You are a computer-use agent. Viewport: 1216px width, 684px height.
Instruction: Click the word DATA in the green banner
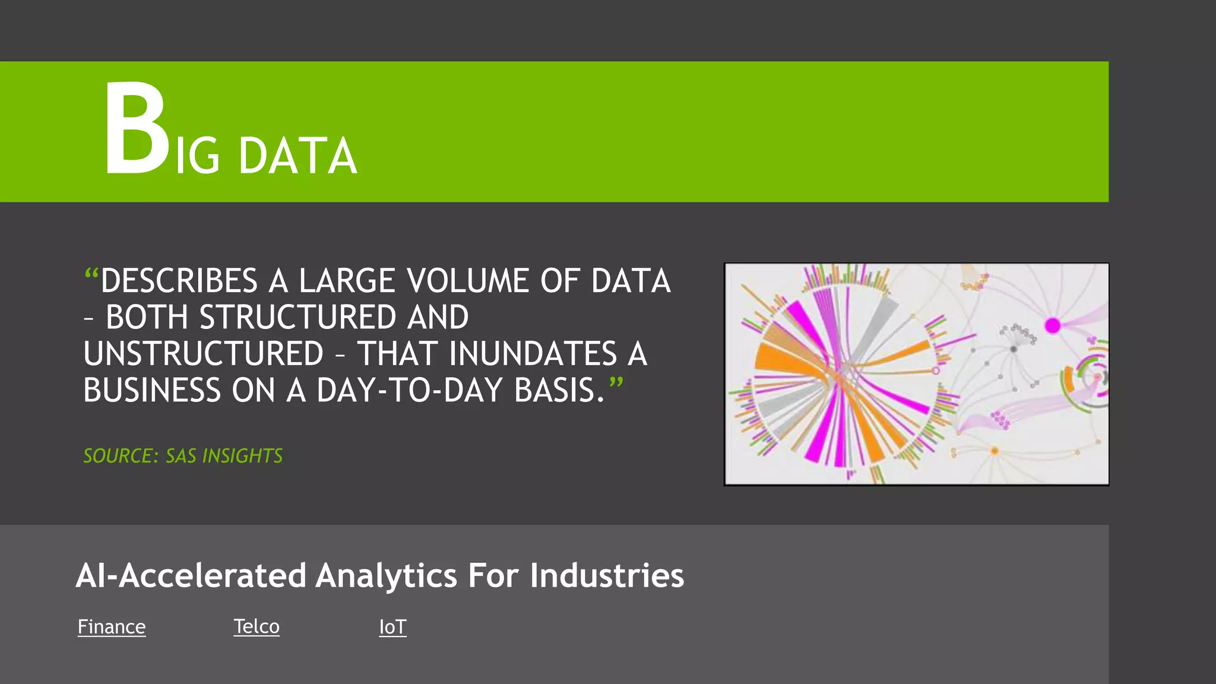tap(297, 156)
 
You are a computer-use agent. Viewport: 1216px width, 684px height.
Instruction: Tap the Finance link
tap(112, 627)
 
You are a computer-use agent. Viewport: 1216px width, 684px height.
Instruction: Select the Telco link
tap(256, 626)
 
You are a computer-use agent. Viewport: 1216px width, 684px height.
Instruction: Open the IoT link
tap(392, 627)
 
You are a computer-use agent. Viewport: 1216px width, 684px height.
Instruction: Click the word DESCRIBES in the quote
tap(179, 281)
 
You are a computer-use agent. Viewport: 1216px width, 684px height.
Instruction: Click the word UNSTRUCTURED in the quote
tap(203, 354)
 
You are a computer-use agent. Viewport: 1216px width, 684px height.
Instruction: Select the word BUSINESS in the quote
tap(151, 391)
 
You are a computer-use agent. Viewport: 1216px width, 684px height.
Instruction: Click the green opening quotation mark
tap(91, 275)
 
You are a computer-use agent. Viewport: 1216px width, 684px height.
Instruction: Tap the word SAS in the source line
tap(180, 456)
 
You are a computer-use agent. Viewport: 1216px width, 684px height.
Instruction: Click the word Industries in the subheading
tap(607, 576)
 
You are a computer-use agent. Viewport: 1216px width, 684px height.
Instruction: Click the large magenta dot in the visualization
tap(1052, 325)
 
